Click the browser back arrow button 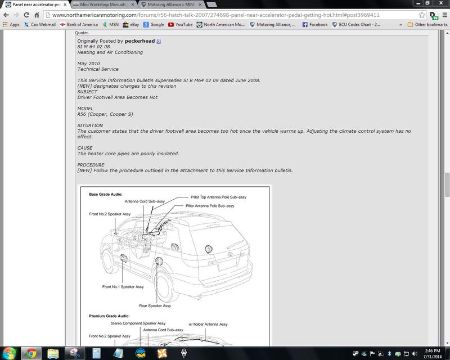point(6,15)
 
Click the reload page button point(26,15)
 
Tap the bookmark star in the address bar point(421,15)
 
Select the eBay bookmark point(131,25)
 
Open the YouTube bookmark point(180,25)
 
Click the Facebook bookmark point(315,25)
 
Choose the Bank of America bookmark point(79,25)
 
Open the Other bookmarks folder point(427,25)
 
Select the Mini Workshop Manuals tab point(102,4)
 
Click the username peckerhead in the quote point(139,41)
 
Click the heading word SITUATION point(90,125)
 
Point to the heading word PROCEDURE point(91,165)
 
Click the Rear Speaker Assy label point(155,306)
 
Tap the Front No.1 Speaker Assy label point(123,286)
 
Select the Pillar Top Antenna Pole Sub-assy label point(218,197)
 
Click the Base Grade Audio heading point(106,195)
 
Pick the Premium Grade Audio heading point(109,316)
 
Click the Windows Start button point(9,353)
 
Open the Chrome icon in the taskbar point(31,353)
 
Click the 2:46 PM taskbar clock point(433,350)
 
